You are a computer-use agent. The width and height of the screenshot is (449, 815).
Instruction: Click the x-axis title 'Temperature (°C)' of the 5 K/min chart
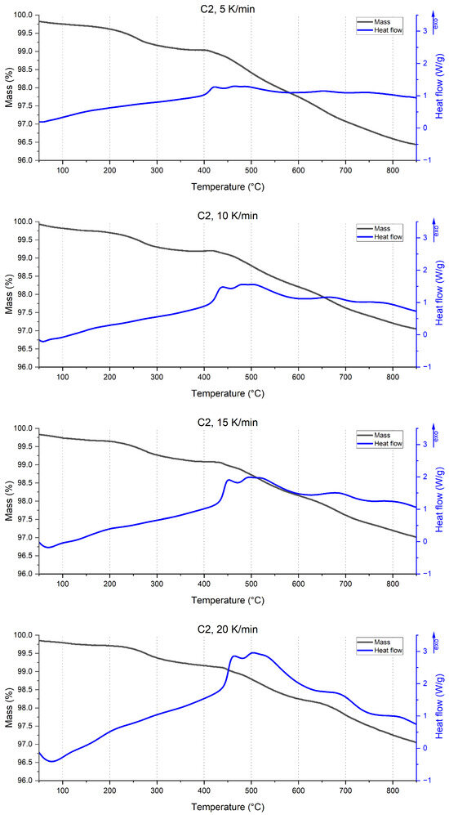(228, 186)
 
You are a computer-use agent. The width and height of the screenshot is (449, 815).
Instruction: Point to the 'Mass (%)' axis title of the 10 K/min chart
(9, 294)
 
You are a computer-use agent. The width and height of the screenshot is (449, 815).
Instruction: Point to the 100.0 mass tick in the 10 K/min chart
(23, 222)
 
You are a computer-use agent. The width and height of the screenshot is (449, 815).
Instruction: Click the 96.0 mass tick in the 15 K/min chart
(23, 574)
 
